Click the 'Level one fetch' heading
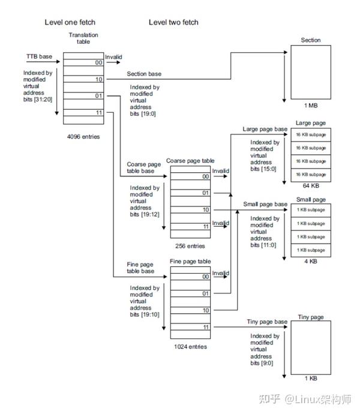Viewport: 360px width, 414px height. (70, 22)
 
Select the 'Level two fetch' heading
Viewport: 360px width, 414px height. (173, 22)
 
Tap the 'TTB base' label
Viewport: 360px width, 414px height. (39, 56)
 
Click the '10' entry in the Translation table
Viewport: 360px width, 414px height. (98, 79)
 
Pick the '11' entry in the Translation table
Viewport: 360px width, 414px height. (98, 112)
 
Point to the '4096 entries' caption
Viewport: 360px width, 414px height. (83, 137)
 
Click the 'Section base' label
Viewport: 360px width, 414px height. (144, 74)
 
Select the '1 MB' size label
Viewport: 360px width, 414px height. (310, 106)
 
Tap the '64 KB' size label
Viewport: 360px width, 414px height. (310, 186)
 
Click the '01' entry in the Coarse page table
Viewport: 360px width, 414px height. (205, 193)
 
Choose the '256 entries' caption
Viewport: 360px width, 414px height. (189, 246)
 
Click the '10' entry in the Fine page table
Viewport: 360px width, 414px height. (205, 310)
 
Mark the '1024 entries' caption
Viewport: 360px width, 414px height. (190, 347)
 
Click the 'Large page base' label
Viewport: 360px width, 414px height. (265, 129)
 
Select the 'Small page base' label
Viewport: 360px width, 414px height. (265, 204)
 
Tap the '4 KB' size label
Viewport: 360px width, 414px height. (310, 261)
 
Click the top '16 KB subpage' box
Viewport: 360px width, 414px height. (310, 134)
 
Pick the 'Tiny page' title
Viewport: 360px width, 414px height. (311, 317)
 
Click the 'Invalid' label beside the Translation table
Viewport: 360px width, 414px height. (114, 57)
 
